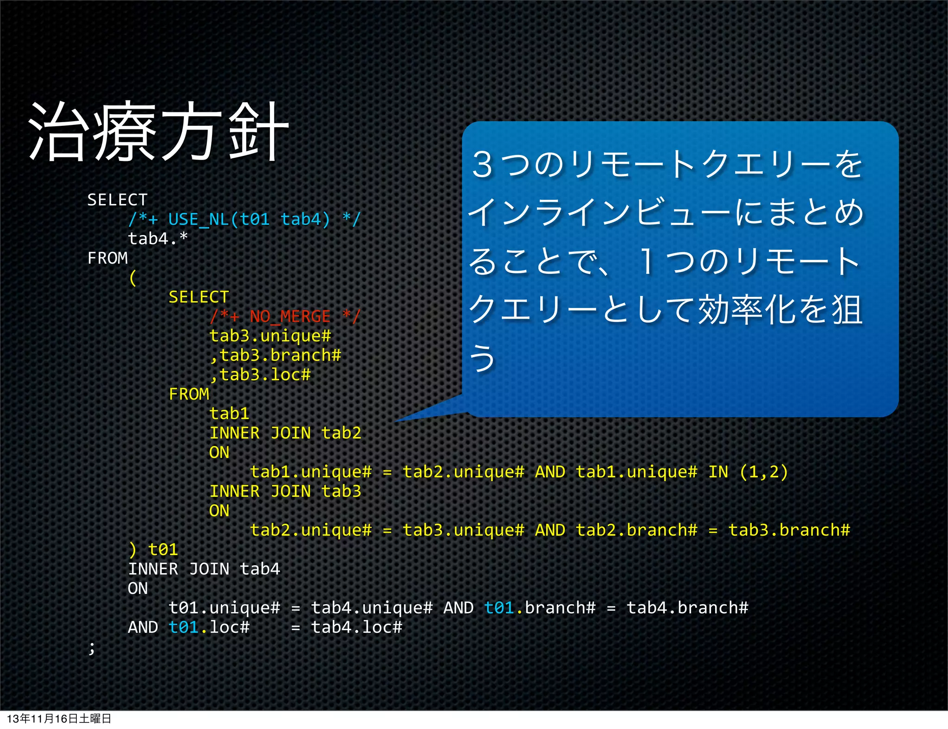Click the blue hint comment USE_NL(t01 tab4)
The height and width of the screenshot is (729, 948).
[244, 219]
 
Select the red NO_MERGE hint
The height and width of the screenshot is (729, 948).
[285, 317]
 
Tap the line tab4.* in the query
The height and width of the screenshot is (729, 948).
[158, 239]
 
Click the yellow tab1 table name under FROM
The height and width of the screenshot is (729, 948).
[229, 414]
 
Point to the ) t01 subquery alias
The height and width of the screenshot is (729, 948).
[153, 550]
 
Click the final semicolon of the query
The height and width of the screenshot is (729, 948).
[92, 648]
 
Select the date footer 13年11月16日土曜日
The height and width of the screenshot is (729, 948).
[59, 719]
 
